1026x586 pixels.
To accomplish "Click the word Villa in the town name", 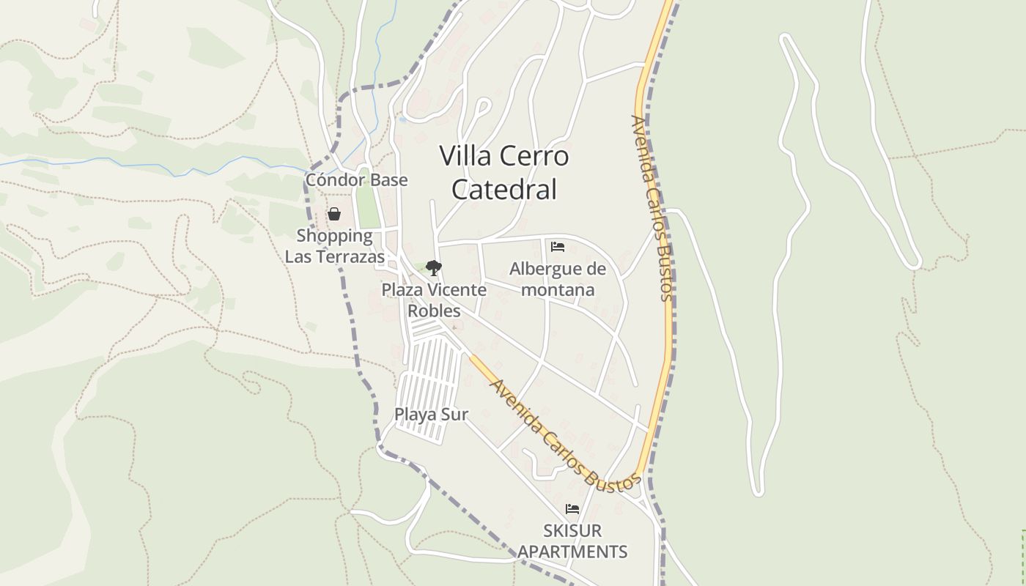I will [x=467, y=156].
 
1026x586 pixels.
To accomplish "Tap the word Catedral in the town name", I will [x=504, y=189].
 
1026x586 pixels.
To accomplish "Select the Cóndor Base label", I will [x=356, y=179].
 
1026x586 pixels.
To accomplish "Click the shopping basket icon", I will [x=334, y=214].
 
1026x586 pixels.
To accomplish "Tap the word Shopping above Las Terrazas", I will [x=334, y=236].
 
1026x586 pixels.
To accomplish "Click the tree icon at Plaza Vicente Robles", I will [x=434, y=267].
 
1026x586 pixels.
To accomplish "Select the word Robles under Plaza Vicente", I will [x=434, y=311].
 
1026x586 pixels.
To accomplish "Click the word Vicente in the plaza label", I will [x=457, y=289].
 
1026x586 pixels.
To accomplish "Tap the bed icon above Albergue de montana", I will [x=558, y=247].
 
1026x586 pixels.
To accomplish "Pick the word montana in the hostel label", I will [x=558, y=289].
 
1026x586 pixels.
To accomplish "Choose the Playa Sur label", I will [x=431, y=414].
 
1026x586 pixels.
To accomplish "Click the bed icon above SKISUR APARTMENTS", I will [x=572, y=509].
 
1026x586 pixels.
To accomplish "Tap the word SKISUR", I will [x=572, y=530].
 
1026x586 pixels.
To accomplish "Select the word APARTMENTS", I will [x=572, y=552].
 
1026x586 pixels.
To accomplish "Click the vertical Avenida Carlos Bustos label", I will [x=652, y=209].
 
